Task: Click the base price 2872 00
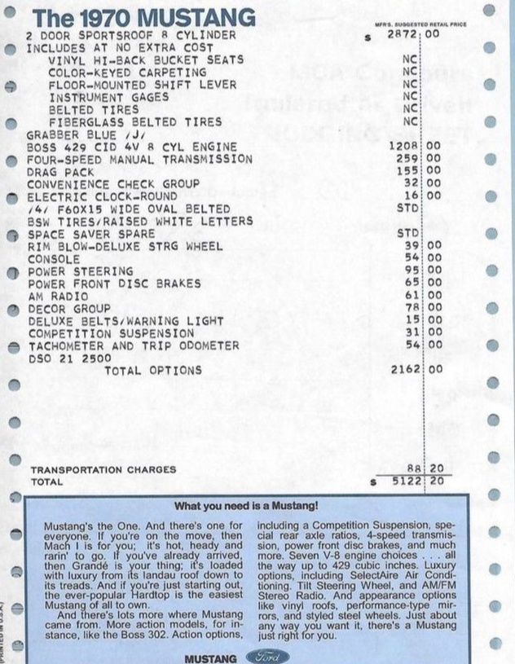[x=415, y=35]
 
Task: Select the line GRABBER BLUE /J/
[x=78, y=134]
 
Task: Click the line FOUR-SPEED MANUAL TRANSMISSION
[x=139, y=159]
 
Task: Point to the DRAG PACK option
[x=59, y=171]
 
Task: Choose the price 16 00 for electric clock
[x=421, y=196]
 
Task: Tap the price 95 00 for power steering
[x=421, y=270]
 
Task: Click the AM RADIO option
[x=57, y=295]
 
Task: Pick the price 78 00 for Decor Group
[x=421, y=307]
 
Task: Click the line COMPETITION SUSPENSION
[x=111, y=332]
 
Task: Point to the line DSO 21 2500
[x=68, y=357]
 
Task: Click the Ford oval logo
[x=255, y=656]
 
